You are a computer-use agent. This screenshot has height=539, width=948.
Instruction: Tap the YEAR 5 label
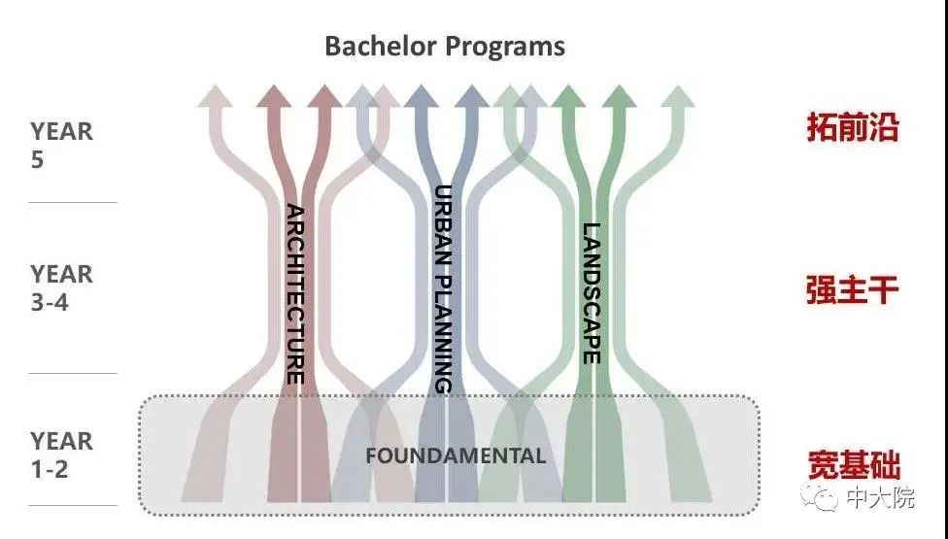pos(61,145)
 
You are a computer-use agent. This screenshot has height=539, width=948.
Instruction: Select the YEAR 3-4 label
pos(61,287)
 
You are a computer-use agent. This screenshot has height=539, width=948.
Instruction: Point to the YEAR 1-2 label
pos(61,455)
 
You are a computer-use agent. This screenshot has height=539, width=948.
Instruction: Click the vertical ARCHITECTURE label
pos(295,293)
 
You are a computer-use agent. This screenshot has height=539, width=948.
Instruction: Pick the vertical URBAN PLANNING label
pos(443,288)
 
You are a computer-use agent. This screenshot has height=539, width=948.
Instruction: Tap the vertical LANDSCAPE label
pos(591,293)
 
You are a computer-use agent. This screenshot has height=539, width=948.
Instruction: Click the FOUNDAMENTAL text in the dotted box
pos(456,455)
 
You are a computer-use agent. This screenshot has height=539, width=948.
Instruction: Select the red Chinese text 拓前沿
pos(852,127)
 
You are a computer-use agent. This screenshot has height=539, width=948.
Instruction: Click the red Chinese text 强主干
pos(852,289)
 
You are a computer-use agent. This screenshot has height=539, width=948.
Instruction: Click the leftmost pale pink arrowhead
pos(217,95)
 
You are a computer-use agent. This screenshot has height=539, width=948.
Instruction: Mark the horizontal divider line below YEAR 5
pos(73,203)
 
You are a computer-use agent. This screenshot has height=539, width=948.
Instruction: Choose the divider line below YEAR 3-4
pos(73,374)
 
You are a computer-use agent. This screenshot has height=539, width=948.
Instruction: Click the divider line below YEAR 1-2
pos(73,506)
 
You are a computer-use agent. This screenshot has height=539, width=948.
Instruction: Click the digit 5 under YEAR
pos(37,159)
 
